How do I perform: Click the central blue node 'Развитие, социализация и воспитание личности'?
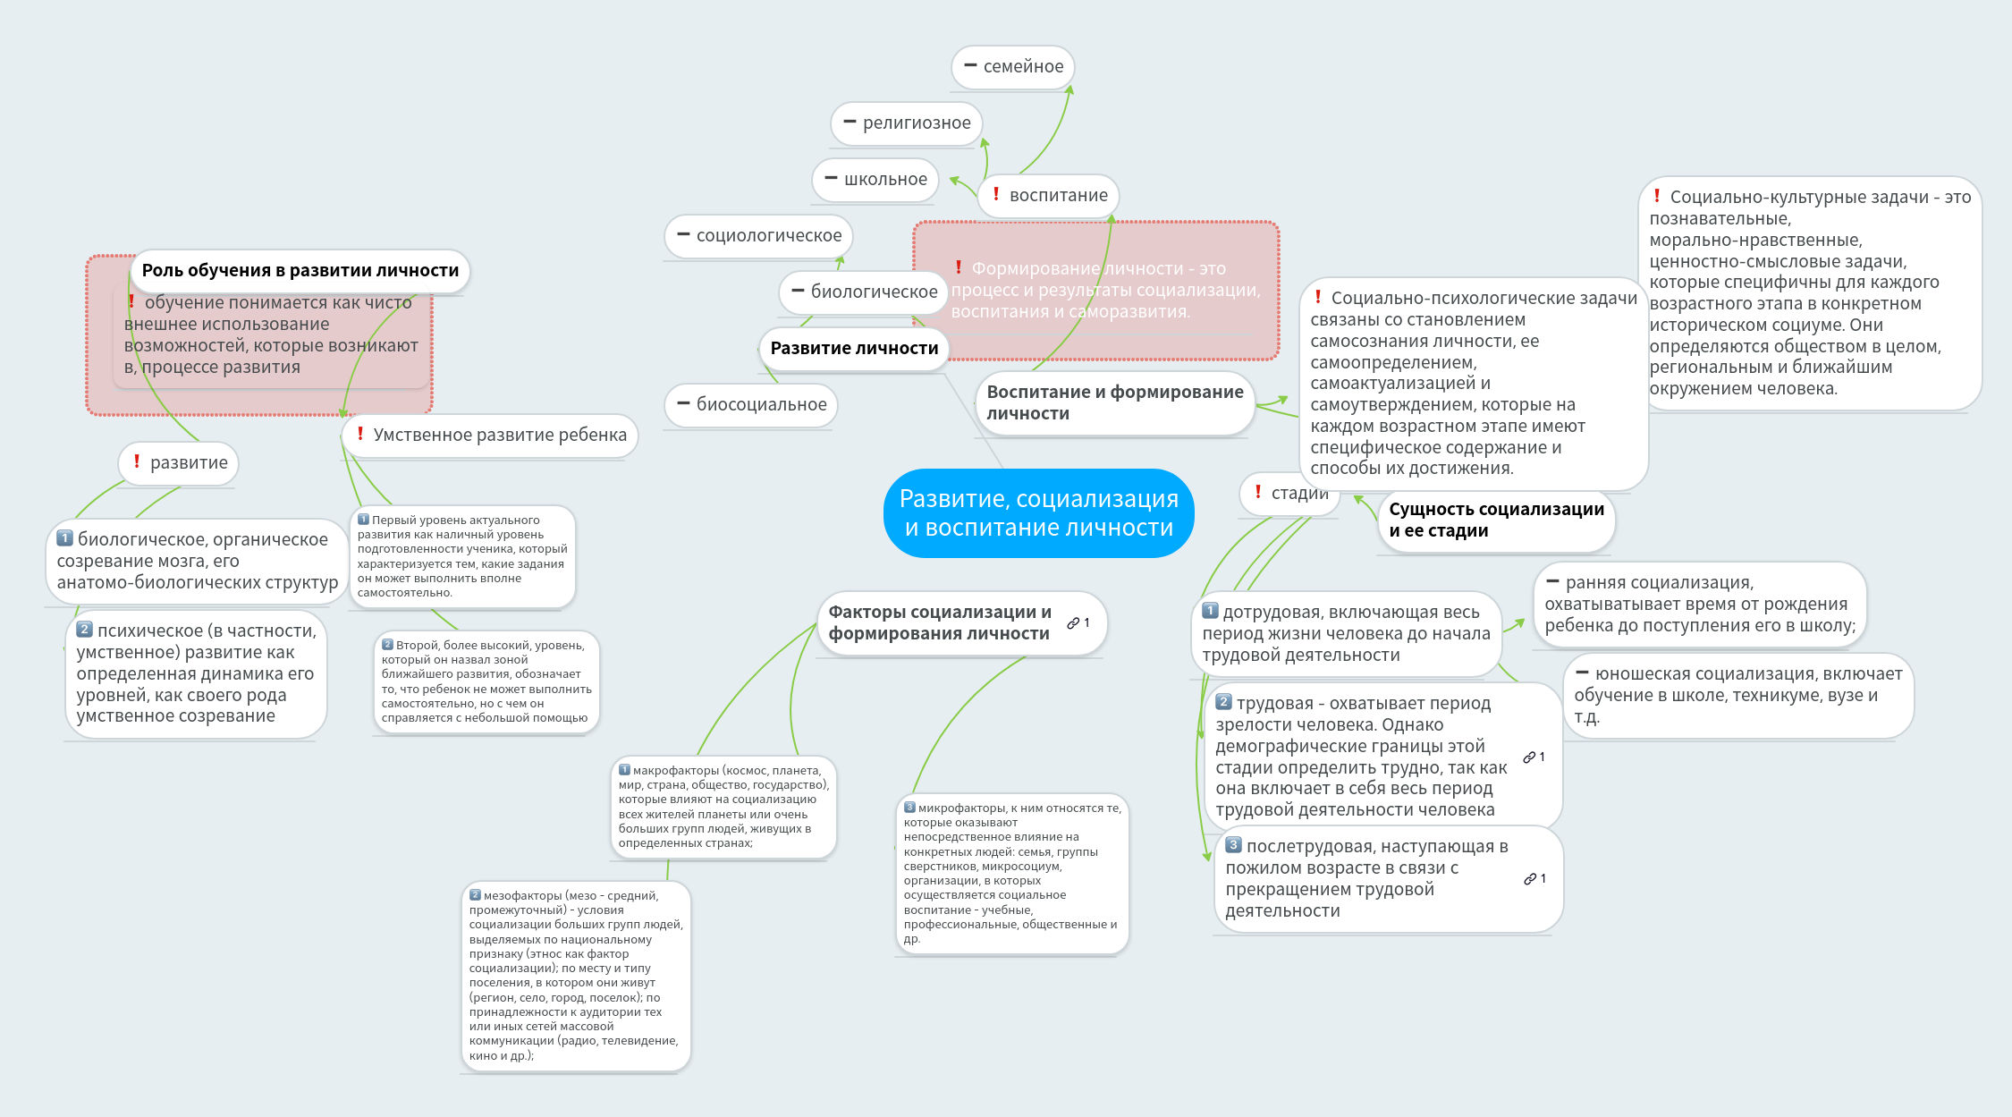(x=1038, y=513)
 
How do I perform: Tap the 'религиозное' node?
(x=907, y=123)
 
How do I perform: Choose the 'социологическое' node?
(x=759, y=236)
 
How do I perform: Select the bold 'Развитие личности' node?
(x=854, y=348)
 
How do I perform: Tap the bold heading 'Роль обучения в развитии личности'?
(x=300, y=270)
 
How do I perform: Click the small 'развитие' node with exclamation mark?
(x=179, y=463)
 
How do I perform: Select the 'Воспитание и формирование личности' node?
(x=1114, y=402)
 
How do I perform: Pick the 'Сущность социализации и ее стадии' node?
(x=1495, y=520)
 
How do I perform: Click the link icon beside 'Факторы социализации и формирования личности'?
(x=1073, y=623)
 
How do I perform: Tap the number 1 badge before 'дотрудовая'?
(x=1211, y=611)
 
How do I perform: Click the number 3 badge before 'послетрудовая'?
(x=1234, y=845)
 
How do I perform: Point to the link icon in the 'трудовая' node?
(x=1529, y=757)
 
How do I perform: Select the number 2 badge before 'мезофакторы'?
(x=476, y=895)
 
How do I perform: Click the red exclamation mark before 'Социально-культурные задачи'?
(x=1657, y=196)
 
